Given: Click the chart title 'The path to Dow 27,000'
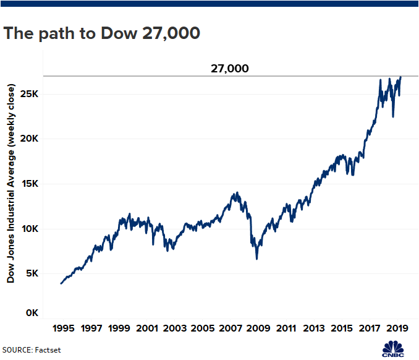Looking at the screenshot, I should pyautogui.click(x=101, y=34).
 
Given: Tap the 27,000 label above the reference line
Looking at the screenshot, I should pyautogui.click(x=229, y=69).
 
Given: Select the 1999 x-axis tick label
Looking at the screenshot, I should pyautogui.click(x=119, y=328).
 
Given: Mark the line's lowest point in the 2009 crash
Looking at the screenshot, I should pyautogui.click(x=256, y=259).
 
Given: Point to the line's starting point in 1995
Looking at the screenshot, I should pyautogui.click(x=61, y=283).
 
